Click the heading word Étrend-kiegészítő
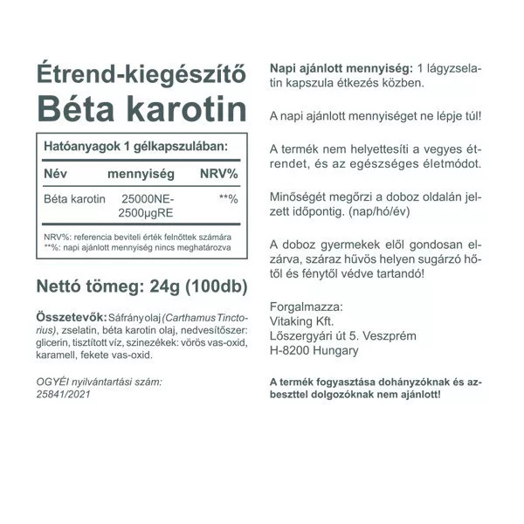click(x=140, y=72)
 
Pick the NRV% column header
click(x=218, y=174)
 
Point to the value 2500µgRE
click(x=142, y=213)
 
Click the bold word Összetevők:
click(x=70, y=316)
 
